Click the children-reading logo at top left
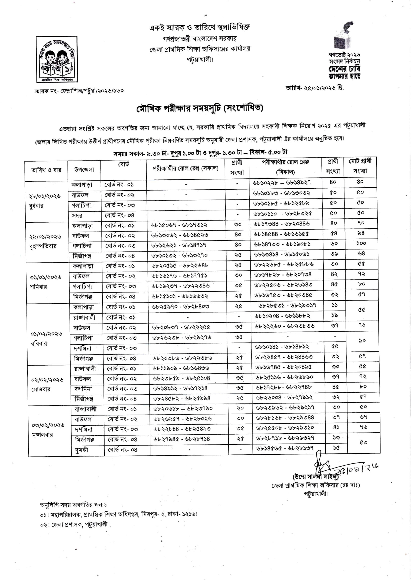click(x=57, y=59)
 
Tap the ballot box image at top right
click(x=344, y=36)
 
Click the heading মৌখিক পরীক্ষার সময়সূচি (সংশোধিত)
click(x=200, y=108)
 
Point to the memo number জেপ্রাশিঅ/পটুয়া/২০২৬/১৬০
click(x=92, y=91)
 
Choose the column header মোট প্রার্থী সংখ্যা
click(x=360, y=166)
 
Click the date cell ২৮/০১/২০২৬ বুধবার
click(x=45, y=201)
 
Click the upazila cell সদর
click(x=77, y=216)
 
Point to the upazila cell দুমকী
click(x=81, y=450)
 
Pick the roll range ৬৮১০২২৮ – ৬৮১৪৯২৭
click(x=282, y=182)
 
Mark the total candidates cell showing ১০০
click(x=361, y=243)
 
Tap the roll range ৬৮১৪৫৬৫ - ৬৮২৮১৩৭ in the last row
click(x=285, y=448)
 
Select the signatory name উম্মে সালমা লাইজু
click(x=315, y=477)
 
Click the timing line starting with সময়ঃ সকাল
click(x=200, y=153)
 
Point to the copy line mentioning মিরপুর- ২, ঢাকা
click(x=119, y=514)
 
